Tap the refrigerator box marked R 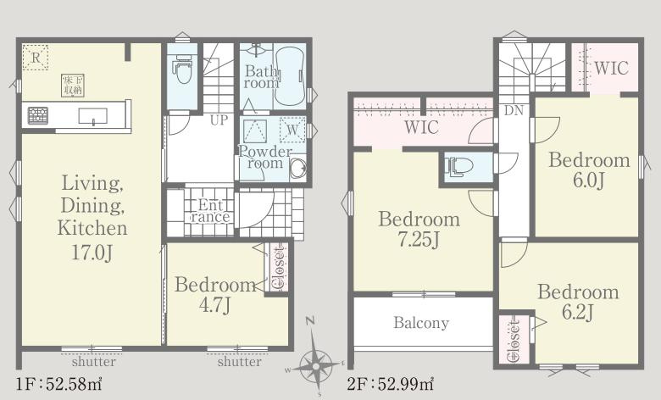coord(36,57)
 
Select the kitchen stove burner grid coord(38,115)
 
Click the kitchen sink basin coord(92,115)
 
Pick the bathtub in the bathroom coord(290,78)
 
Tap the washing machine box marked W coord(292,130)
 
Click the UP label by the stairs coord(219,120)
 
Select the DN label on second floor coord(514,111)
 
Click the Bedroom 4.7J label coord(215,295)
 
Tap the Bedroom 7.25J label coord(419,230)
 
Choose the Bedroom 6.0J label coord(589,170)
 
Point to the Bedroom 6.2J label coord(578,302)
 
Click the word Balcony coord(421,323)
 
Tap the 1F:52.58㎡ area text coord(59,384)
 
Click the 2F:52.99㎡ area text coord(391,384)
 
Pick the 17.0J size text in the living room coord(92,253)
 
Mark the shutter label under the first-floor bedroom coord(239,362)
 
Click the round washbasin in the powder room coord(298,167)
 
